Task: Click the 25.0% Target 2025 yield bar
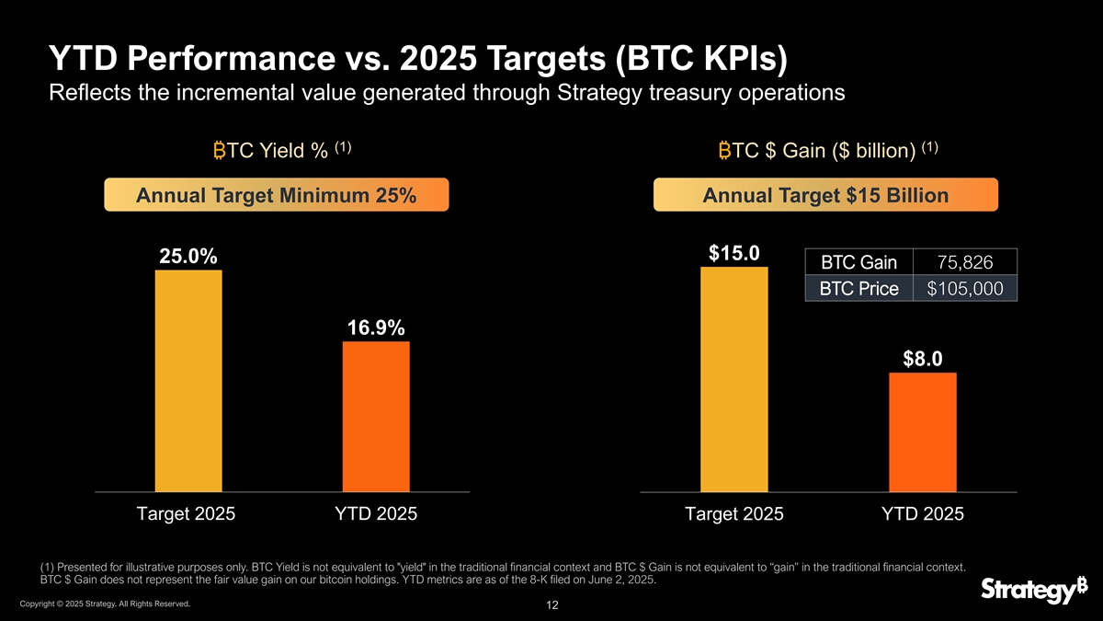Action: (x=188, y=381)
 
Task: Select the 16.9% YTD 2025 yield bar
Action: (x=376, y=417)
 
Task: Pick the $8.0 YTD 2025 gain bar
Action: (x=923, y=432)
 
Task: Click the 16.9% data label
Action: (x=376, y=328)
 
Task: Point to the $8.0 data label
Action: (x=923, y=359)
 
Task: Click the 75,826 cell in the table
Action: (x=965, y=263)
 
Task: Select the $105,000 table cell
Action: (x=965, y=289)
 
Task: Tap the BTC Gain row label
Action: (x=859, y=263)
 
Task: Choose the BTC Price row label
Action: (x=859, y=289)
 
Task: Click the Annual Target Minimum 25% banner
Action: (x=276, y=196)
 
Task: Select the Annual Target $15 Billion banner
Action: (x=825, y=196)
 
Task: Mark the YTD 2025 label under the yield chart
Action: (x=376, y=514)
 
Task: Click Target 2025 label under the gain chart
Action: (x=734, y=514)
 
